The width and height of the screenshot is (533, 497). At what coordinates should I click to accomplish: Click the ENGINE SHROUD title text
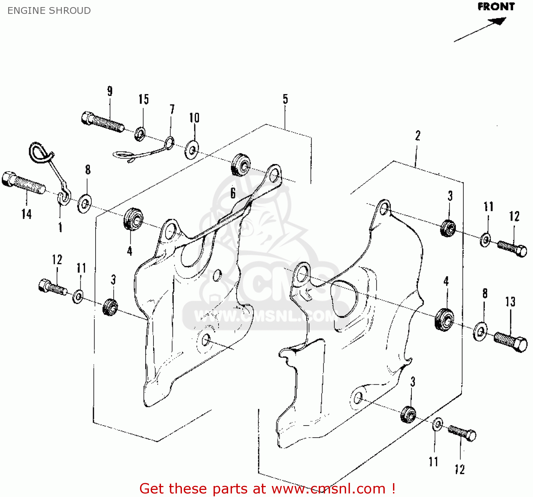point(49,11)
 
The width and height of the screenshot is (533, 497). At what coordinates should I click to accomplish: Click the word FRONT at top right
point(496,7)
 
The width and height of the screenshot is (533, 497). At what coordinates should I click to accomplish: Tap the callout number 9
point(110,91)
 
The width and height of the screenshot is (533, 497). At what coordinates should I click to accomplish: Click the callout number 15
point(144,99)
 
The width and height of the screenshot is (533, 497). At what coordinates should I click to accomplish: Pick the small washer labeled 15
point(140,134)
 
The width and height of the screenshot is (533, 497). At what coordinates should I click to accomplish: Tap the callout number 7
point(172,109)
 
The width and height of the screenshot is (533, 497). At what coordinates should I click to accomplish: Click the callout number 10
point(194,118)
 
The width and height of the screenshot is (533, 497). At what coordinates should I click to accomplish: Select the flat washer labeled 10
point(192,150)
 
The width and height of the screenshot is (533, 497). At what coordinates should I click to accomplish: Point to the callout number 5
point(285,99)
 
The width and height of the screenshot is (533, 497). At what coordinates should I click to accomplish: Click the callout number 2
point(418,136)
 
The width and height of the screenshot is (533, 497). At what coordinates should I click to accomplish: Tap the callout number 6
point(233,193)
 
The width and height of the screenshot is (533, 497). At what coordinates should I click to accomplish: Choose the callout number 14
point(26,214)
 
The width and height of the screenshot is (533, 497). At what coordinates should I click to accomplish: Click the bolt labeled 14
point(23,183)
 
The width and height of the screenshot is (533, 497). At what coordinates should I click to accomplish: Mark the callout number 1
point(60,227)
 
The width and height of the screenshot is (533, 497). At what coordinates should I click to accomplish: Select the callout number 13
point(510,302)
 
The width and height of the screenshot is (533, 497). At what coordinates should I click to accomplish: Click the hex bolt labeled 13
point(511,342)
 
